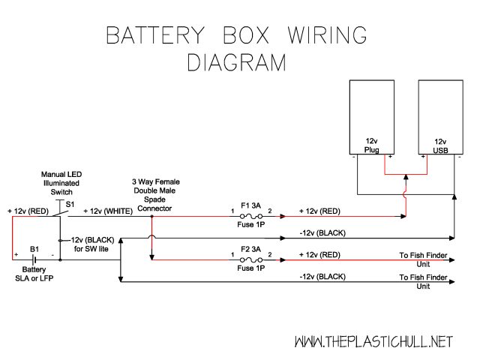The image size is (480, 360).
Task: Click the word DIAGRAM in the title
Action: click(x=235, y=62)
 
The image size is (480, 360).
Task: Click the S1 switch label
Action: click(x=70, y=204)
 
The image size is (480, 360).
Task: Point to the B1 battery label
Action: click(x=34, y=248)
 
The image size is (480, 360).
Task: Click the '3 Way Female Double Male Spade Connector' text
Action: click(x=155, y=195)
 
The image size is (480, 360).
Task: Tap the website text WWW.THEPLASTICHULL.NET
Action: click(x=373, y=341)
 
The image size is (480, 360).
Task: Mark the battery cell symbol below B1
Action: click(x=34, y=259)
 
